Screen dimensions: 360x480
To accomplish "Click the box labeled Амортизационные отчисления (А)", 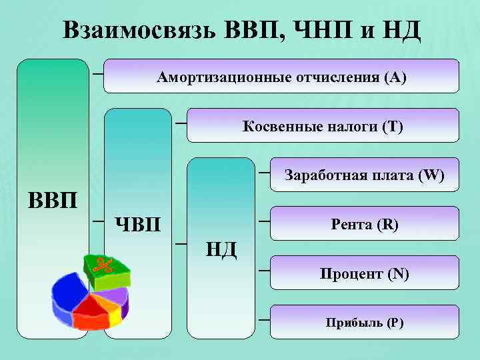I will click(281, 76).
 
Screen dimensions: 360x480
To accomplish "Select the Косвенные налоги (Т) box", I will click(323, 125).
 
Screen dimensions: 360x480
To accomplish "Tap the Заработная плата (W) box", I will click(364, 175).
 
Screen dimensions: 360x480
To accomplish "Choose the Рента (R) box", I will click(364, 224).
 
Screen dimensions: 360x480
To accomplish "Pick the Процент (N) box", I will click(364, 273).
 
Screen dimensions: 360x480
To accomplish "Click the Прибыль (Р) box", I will click(364, 323).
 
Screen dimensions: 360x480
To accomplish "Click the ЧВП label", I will click(138, 223).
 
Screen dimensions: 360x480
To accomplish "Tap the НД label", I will click(221, 249).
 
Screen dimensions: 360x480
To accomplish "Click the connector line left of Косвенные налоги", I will click(180, 123).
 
